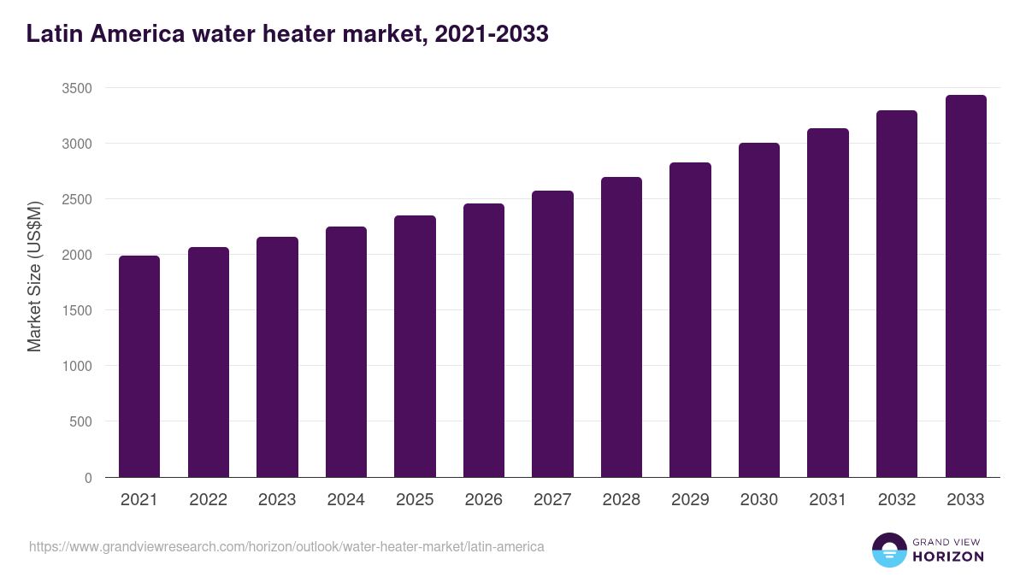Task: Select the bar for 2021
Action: pos(139,368)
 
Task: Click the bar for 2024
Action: pos(346,352)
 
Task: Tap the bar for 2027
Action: pos(552,334)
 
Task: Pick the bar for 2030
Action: pos(759,310)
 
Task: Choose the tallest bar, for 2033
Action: pos(965,286)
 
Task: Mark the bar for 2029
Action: pos(690,320)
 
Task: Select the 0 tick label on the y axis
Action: pos(88,478)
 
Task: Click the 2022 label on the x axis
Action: pos(208,500)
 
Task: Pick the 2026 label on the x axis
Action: pos(484,500)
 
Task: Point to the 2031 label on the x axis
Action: pos(828,500)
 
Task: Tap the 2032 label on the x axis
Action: pos(897,500)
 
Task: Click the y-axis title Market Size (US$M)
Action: pos(34,275)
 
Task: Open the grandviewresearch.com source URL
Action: pos(286,546)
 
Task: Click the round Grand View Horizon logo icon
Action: pos(888,551)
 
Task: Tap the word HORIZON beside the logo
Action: pos(948,556)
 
